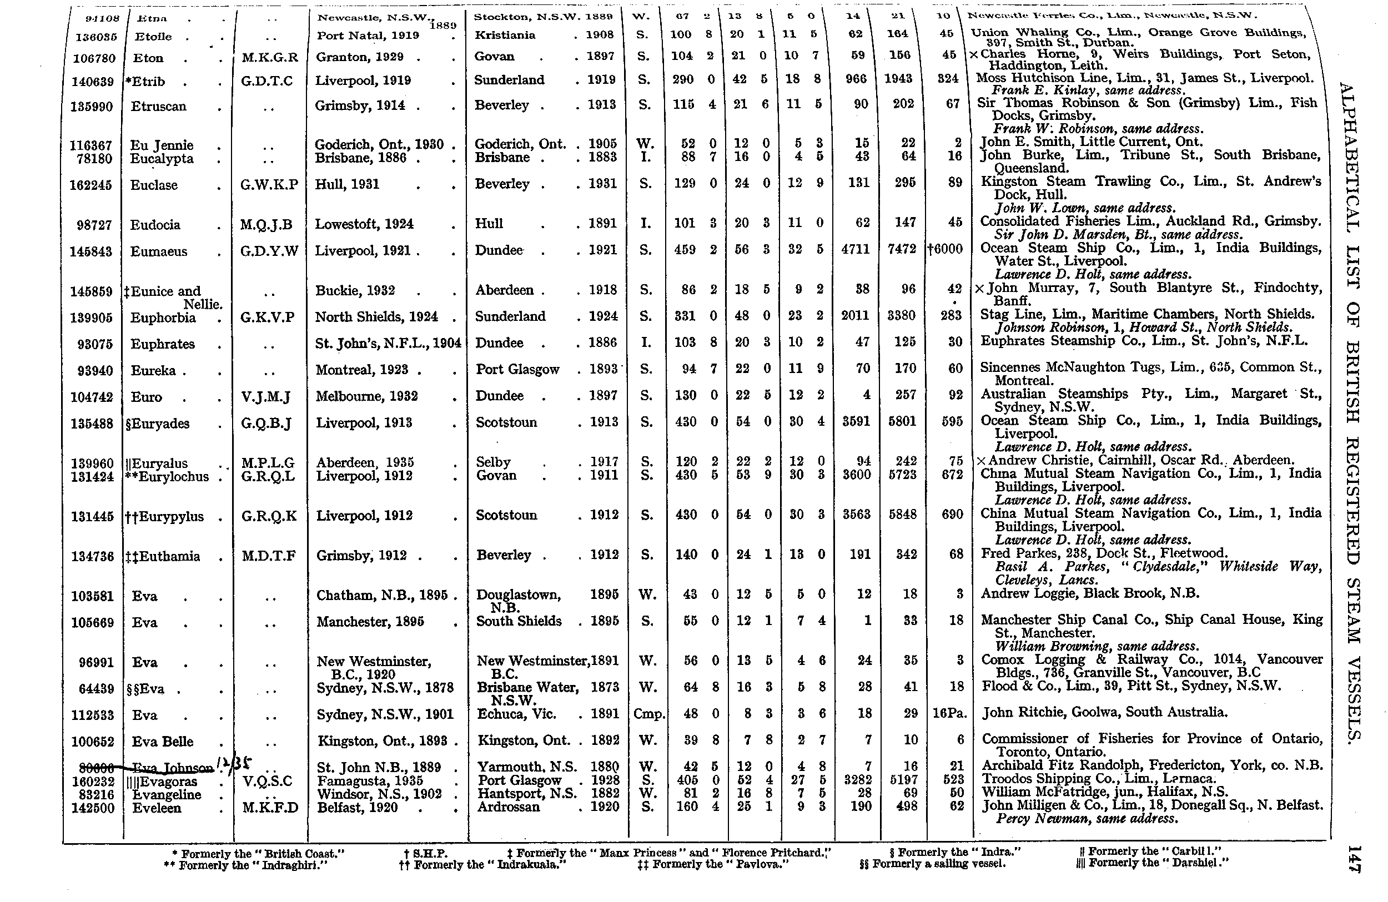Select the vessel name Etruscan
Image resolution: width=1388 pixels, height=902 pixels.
coord(158,107)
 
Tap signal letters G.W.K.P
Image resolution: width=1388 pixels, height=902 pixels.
coord(269,185)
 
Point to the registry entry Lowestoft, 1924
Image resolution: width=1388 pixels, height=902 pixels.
coord(364,224)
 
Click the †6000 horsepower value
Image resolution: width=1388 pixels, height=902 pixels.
coord(945,249)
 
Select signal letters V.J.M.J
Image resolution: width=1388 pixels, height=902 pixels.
coord(265,397)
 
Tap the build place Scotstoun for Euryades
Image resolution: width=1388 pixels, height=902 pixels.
coord(506,423)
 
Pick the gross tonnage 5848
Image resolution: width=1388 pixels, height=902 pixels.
coord(902,515)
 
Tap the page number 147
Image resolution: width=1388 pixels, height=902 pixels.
coord(1354,859)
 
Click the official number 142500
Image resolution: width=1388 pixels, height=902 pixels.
coord(93,808)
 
